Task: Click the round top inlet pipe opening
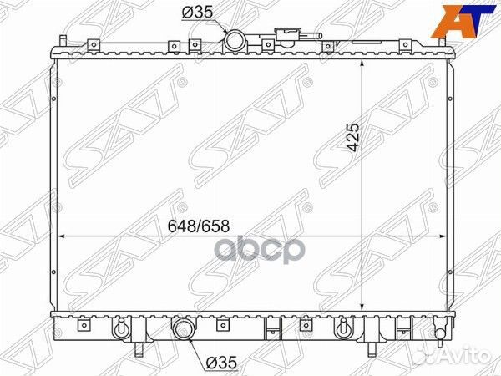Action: tap(235, 39)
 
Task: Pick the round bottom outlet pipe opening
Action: tap(182, 331)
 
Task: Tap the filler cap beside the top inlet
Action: tap(289, 38)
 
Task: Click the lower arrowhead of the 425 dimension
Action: tap(361, 309)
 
